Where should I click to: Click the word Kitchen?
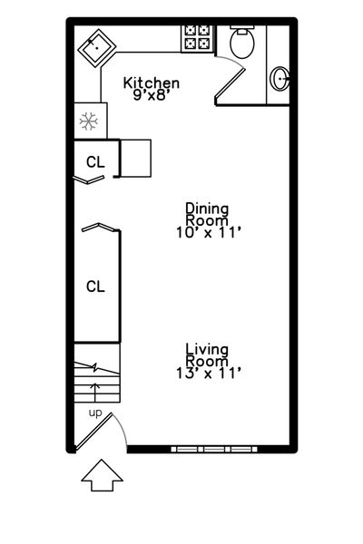coord(152,83)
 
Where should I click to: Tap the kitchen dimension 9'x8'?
coord(152,94)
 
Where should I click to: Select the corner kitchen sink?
coord(97,48)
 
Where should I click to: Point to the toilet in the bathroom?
coord(242,42)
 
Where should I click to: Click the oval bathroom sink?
coord(280,79)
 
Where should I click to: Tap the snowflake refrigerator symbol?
coord(89,121)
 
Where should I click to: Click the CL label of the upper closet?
coord(95,162)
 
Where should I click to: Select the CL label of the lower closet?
coord(95,287)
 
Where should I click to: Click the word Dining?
coord(207,209)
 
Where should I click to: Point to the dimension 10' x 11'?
coord(209,232)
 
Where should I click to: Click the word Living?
coord(207,350)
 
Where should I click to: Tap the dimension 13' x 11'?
coord(209,374)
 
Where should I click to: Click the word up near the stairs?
coord(95,413)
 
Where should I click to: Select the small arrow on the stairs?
coord(95,392)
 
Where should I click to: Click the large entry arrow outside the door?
coord(103,475)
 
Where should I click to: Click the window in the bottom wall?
coord(214,450)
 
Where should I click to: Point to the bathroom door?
coord(231,84)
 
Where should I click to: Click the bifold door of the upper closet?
coord(89,180)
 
